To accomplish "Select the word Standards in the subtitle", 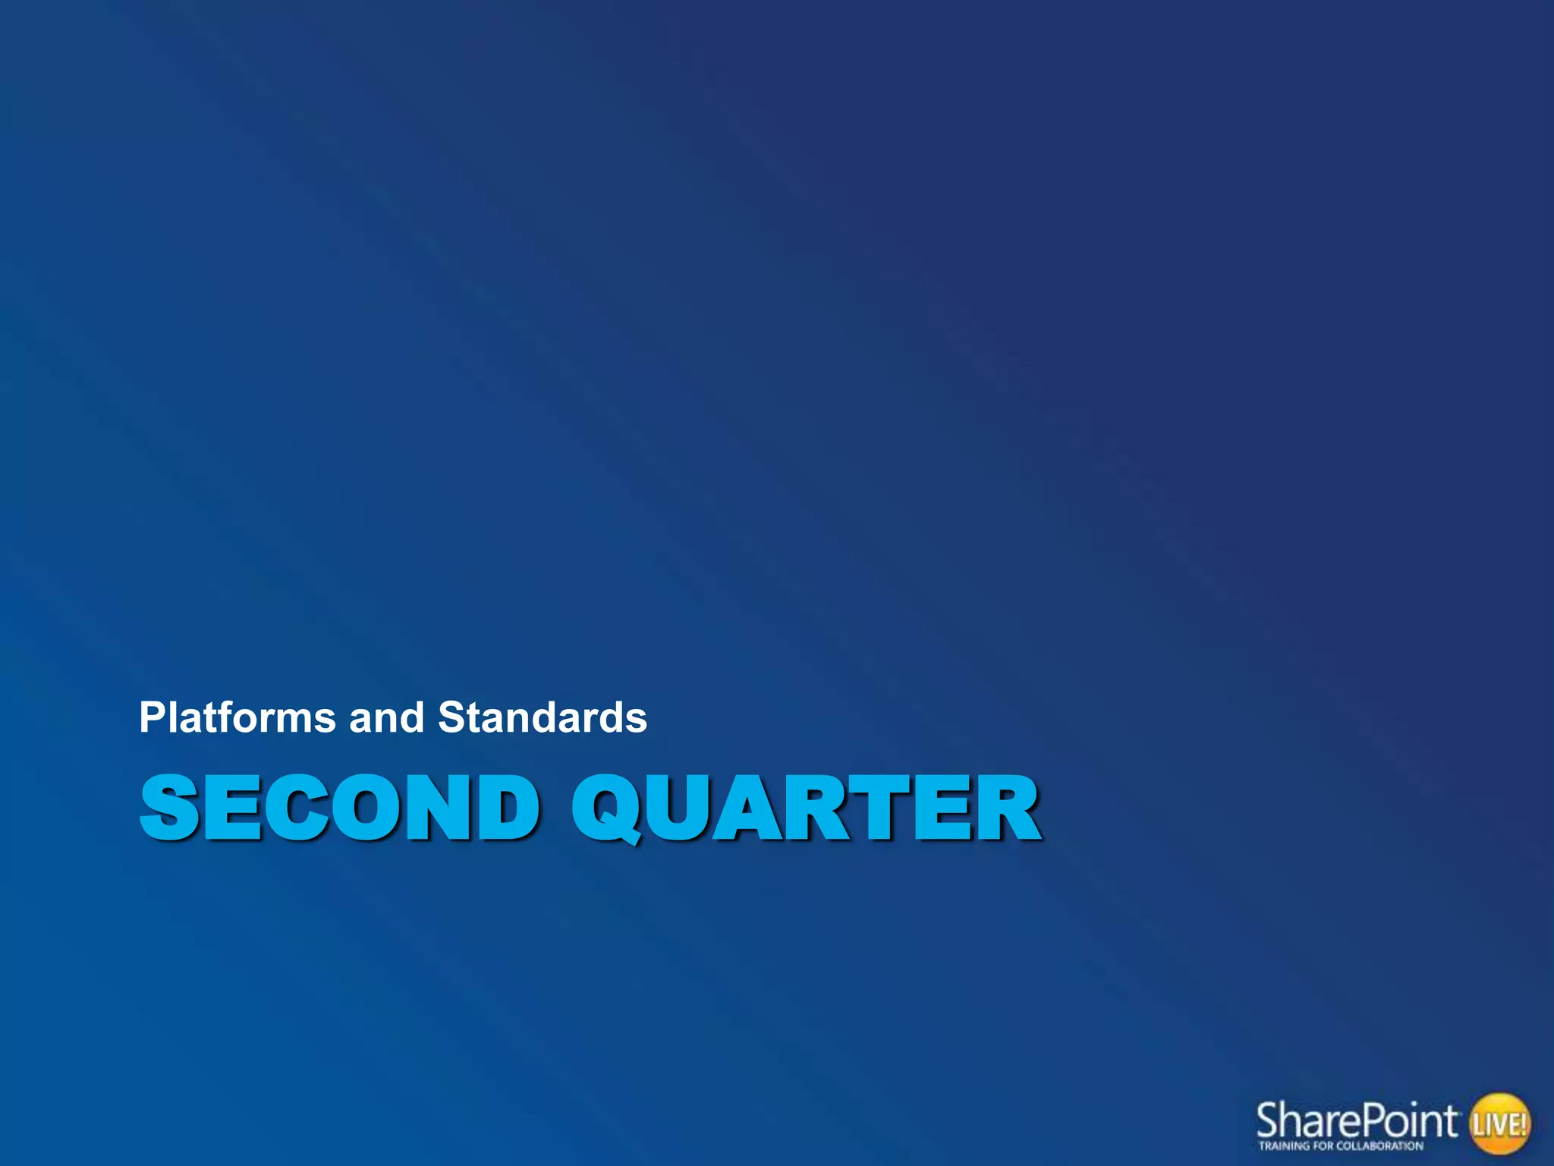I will pos(543,718).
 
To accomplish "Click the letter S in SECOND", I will pos(169,808).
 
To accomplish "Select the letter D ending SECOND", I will pos(505,808).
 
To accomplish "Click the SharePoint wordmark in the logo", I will pos(1357,1120).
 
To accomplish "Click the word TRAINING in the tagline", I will pos(1280,1146).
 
